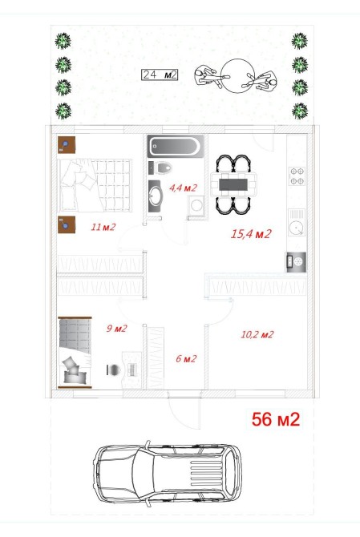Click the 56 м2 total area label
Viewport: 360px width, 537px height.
pos(276,419)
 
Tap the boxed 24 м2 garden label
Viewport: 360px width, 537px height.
pos(160,75)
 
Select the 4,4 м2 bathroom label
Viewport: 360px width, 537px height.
pos(184,188)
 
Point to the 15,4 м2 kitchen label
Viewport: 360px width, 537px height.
pos(251,234)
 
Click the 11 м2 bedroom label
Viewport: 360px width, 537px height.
pos(103,227)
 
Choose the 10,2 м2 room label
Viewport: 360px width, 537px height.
pos(257,334)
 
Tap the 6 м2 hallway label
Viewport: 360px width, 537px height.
pos(186,358)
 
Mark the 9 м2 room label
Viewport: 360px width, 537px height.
pos(116,329)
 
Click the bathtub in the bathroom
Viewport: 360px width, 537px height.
pos(176,146)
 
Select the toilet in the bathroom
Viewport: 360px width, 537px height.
pos(164,168)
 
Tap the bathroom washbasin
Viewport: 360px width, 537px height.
pos(156,196)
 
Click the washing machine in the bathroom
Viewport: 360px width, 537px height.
pos(196,205)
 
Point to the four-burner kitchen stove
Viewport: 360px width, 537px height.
pos(297,176)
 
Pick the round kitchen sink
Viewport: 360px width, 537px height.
pos(296,227)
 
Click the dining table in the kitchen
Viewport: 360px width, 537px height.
pos(233,184)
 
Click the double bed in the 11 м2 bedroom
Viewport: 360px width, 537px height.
pos(95,185)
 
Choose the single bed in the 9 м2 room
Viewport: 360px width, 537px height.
pos(75,353)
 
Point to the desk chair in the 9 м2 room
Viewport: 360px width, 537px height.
pos(113,369)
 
